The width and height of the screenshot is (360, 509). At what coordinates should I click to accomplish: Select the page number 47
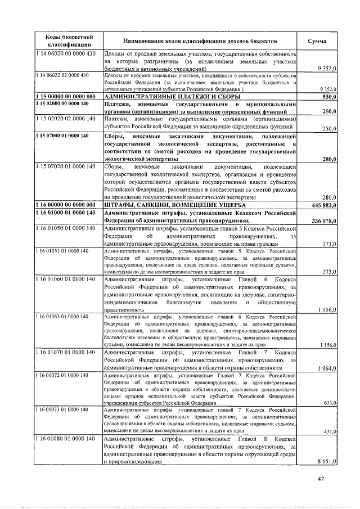[321, 479]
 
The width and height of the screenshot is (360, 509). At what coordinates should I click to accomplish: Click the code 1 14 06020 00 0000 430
[67, 53]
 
